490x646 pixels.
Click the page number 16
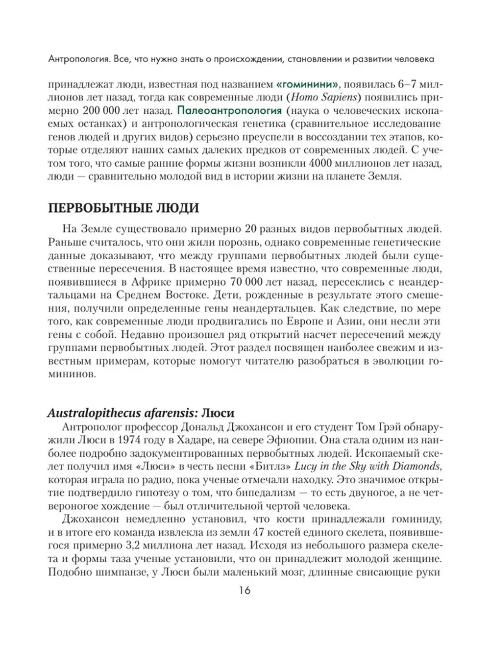(245, 590)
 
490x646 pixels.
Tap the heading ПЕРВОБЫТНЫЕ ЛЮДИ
(123, 208)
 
